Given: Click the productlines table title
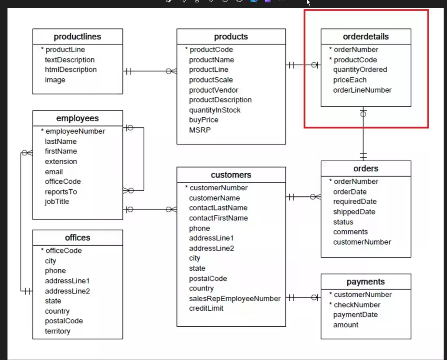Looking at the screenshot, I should (x=77, y=37).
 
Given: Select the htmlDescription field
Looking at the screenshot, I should (x=70, y=69).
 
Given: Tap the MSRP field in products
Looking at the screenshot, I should (x=200, y=130).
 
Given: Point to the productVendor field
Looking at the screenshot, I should (x=213, y=90).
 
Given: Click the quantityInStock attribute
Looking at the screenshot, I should (x=215, y=110).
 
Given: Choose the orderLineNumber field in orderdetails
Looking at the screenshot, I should (x=362, y=90).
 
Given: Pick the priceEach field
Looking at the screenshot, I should (x=350, y=80).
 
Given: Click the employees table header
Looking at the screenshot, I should (x=77, y=118).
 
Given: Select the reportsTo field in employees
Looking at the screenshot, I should (x=61, y=192).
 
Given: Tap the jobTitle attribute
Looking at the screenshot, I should (x=57, y=201).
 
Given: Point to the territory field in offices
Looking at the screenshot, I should (x=57, y=331).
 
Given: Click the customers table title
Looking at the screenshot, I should (x=231, y=175).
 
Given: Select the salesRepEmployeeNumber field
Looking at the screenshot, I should (x=234, y=298).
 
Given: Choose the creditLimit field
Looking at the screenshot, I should (x=206, y=308).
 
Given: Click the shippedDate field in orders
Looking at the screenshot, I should (x=354, y=212).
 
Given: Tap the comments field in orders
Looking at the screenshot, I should (x=350, y=232).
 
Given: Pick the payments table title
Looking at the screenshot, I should (x=366, y=282).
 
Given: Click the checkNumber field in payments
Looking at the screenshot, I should (x=357, y=305).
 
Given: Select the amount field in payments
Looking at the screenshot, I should (x=346, y=325).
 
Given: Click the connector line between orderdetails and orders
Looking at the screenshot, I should (x=363, y=135).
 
